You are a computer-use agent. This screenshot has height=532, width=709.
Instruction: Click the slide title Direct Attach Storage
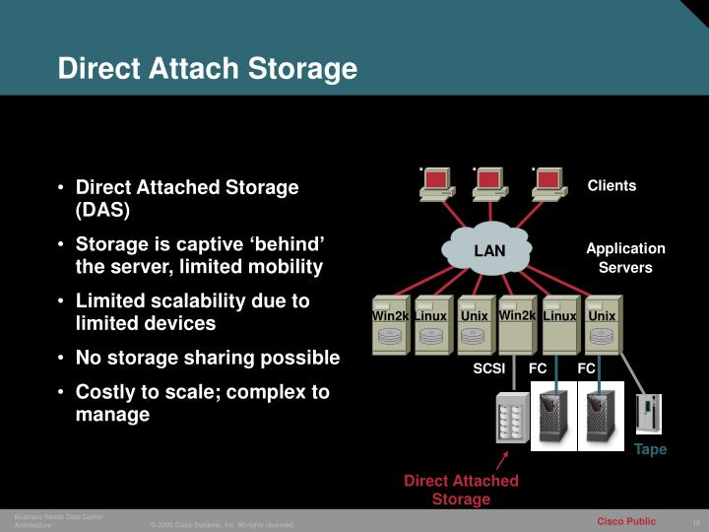(207, 69)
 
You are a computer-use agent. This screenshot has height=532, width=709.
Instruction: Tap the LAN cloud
(489, 250)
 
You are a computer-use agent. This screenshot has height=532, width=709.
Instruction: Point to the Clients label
(612, 185)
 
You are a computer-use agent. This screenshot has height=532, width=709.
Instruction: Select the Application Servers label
(625, 257)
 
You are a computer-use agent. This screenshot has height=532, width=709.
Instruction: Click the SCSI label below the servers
(488, 368)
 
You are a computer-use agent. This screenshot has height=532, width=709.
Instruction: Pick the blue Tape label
(650, 449)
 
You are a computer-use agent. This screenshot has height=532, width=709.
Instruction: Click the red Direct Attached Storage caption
(461, 490)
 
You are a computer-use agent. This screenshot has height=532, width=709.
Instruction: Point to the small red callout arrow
(503, 460)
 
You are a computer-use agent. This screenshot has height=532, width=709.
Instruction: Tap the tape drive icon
(650, 415)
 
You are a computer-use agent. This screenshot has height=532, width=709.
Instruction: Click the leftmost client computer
(436, 184)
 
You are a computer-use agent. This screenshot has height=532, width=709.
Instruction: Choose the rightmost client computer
(549, 184)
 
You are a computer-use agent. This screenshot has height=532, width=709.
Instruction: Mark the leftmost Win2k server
(390, 324)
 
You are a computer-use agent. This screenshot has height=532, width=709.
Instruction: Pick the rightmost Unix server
(602, 324)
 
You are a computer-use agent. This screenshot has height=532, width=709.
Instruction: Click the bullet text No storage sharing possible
(208, 358)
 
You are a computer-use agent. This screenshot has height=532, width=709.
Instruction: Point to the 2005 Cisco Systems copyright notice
(222, 524)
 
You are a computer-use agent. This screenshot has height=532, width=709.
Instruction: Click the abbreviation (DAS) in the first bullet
(102, 210)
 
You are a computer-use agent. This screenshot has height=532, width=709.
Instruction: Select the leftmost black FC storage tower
(551, 419)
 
